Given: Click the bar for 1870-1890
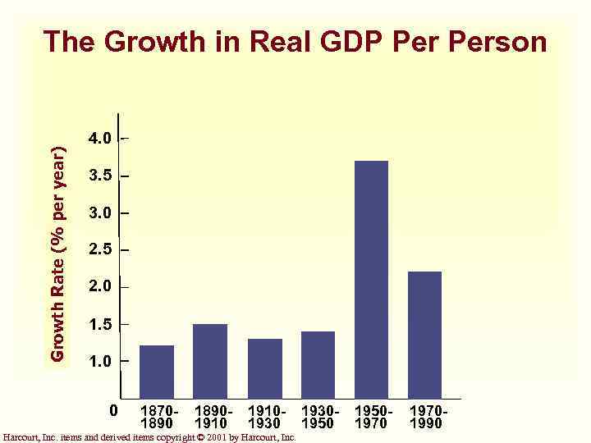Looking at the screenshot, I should pos(157,371).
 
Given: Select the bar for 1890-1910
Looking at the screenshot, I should pos(210,360).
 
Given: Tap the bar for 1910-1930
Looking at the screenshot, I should pos(264,368).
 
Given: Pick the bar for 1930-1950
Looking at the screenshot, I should pos(318,364).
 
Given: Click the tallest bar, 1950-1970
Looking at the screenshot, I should pos(371,279).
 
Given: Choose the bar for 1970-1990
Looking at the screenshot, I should pos(424,334).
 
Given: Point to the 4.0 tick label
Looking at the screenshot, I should pos(101,138).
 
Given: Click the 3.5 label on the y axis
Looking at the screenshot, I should pos(101,176).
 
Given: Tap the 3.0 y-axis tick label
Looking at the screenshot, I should pos(101,213).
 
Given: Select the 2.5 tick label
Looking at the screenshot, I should pos(101,249).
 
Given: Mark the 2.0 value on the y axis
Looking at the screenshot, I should pos(101,286).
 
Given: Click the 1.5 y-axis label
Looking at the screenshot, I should pos(101,324).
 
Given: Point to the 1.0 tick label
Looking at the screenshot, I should pos(101,361).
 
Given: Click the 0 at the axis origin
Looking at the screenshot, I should pos(114,409).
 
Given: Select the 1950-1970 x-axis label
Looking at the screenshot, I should pos(373,416).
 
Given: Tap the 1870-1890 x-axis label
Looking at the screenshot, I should pos(157,416).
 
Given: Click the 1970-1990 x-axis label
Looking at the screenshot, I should pos(426,416).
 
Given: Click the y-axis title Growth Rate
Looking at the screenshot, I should pos(58,254).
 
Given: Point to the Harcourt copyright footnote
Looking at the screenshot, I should pos(149,437).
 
